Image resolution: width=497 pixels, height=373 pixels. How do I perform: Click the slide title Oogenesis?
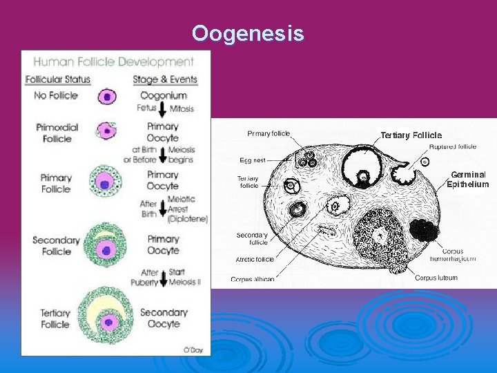[248, 33]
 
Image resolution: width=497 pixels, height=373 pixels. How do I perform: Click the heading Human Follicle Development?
[114, 61]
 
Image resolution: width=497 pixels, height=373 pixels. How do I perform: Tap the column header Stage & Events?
[165, 79]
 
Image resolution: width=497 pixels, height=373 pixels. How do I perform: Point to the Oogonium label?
[164, 95]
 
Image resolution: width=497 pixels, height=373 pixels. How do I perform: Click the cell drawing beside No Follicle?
[107, 97]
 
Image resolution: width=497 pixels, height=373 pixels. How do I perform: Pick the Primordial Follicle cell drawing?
[107, 129]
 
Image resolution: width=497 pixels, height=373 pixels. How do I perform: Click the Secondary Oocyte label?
[164, 318]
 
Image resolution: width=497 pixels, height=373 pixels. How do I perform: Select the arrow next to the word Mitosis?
[163, 109]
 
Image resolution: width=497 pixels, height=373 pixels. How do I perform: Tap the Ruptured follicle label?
[453, 146]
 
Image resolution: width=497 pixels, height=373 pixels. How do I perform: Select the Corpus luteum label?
[436, 278]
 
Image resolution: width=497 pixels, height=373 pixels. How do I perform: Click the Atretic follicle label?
[255, 260]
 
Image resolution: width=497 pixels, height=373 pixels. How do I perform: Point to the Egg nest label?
[253, 160]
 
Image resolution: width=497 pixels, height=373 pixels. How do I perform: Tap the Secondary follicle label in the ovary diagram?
[252, 238]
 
